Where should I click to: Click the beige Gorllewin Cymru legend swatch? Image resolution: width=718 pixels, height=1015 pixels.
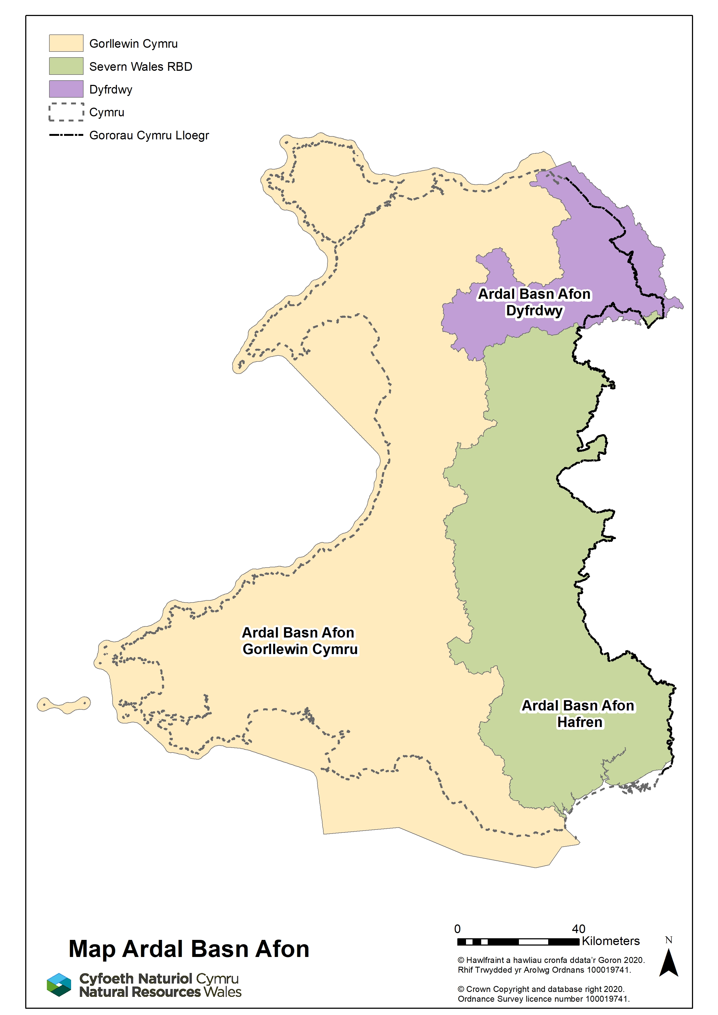[x=66, y=43]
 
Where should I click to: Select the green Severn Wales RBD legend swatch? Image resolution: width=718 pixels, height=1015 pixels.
[x=66, y=66]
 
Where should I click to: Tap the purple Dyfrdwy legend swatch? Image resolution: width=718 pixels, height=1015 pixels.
[x=66, y=89]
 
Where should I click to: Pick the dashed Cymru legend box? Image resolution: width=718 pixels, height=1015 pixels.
[x=66, y=112]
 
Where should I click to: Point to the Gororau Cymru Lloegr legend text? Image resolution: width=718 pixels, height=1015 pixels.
[x=149, y=135]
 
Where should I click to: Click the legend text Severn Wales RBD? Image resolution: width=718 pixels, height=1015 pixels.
[x=141, y=67]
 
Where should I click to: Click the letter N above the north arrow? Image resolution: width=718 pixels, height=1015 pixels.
[x=668, y=940]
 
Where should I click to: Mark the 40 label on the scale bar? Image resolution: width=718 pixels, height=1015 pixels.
[x=578, y=929]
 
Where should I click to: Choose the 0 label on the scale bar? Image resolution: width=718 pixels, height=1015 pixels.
[x=458, y=929]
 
